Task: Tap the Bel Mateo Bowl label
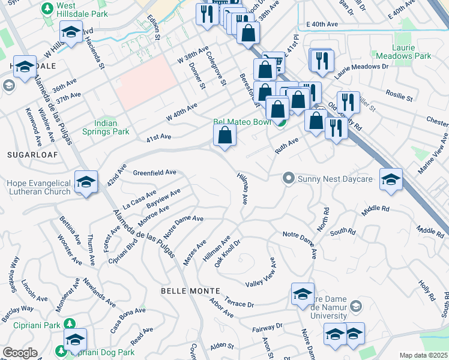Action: (239, 122)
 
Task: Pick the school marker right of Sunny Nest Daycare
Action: (391, 179)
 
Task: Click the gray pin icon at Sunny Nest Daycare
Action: (289, 178)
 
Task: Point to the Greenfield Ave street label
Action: (154, 172)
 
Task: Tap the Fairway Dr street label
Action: (267, 327)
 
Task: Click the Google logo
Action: (20, 353)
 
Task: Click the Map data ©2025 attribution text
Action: (424, 355)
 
